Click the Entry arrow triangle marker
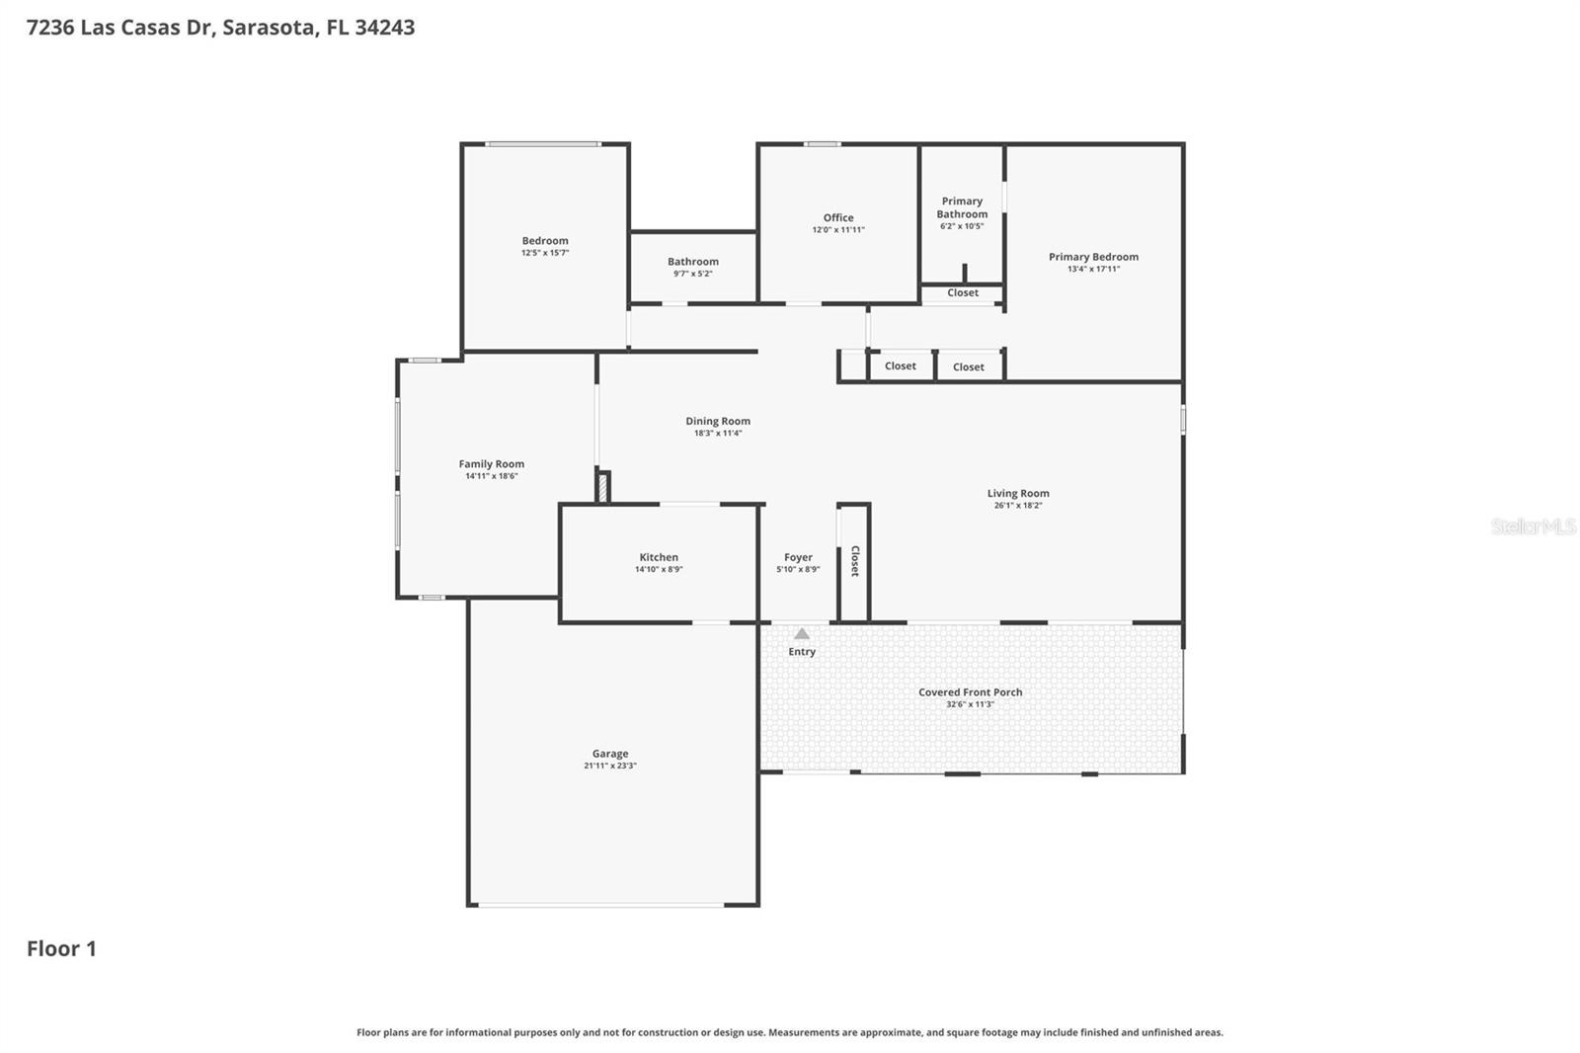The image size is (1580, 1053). coord(802,634)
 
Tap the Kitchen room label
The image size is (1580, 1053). coord(659,557)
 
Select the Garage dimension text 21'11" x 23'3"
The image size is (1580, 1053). coord(610,767)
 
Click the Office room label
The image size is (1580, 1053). coord(838,218)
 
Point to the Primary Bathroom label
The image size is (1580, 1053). coord(962,207)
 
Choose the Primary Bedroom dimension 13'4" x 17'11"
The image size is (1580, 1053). coord(1093,269)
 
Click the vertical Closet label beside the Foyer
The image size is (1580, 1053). coord(855,561)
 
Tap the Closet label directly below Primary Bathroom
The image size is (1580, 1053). coord(963,293)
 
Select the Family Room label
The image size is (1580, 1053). coord(491,464)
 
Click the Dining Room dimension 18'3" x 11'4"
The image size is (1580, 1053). coord(718,434)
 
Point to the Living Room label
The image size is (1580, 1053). coord(1018,494)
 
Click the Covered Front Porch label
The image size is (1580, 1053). coord(970,692)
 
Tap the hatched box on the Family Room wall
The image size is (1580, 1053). coord(602,488)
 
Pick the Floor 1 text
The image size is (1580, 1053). coord(61,949)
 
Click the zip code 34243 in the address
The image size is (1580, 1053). coord(384,28)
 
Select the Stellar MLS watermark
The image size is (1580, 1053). coord(1533,526)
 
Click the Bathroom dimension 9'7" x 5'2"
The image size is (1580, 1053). coord(693,274)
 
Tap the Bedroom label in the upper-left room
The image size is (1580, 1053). coord(545,241)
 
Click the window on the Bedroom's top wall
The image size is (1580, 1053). coord(542,144)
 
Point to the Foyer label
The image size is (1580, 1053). coord(798,557)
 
